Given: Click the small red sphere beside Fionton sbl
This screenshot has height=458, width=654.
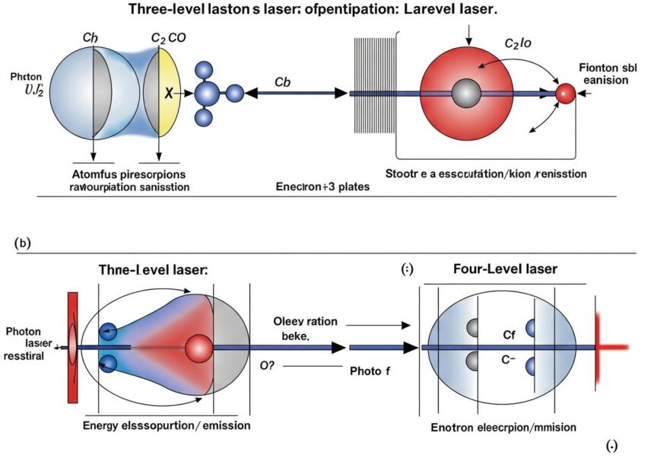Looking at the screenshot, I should pos(565,94).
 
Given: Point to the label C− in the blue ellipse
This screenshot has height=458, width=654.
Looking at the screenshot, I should pos(507,360).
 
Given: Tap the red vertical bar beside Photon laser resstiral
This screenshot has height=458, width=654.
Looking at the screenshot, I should pos(74,347).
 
